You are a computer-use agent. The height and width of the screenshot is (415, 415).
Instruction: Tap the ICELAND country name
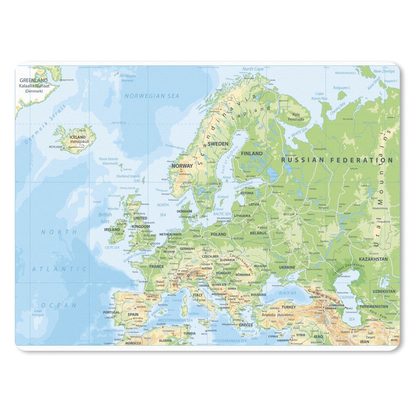(78, 137)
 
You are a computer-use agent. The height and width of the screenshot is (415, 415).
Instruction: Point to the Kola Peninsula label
(296, 117)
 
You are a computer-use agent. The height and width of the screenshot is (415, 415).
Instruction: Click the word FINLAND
(252, 154)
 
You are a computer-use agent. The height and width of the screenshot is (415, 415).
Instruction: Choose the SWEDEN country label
(218, 144)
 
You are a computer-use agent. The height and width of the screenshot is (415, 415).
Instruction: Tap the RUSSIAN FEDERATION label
(337, 160)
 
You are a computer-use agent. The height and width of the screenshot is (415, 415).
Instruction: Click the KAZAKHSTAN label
(373, 259)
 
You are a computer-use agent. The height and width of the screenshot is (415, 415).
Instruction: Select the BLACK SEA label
(287, 293)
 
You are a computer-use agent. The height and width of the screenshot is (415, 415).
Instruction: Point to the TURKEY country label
(289, 307)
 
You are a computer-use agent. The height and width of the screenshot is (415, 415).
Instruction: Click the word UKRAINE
(287, 267)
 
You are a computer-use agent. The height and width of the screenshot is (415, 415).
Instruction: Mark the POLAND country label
(218, 234)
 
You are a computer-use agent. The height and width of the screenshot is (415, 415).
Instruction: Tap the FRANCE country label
(156, 267)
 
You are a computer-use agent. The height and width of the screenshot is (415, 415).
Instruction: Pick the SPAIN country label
(133, 314)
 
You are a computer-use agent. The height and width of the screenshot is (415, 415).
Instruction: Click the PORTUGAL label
(111, 312)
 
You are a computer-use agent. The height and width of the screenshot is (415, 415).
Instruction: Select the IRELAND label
(112, 229)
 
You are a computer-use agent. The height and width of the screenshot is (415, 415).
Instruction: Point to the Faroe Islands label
(109, 161)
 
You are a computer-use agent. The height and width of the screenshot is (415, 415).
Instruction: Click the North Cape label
(253, 69)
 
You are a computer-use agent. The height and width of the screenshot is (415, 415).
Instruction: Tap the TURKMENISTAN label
(373, 306)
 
